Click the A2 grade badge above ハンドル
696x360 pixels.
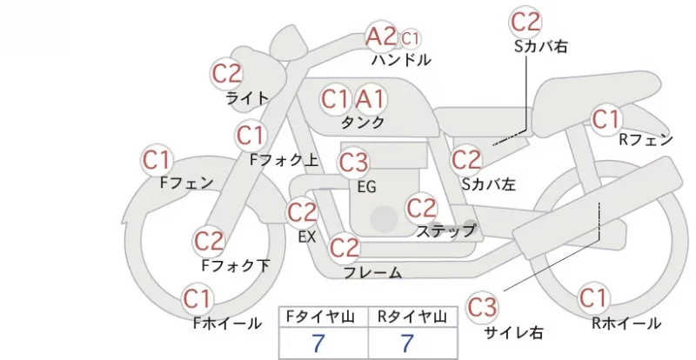pyautogui.click(x=381, y=36)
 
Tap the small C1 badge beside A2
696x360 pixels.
pyautogui.click(x=410, y=39)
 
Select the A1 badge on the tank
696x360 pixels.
pyautogui.click(x=370, y=100)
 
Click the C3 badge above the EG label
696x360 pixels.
pyautogui.click(x=353, y=163)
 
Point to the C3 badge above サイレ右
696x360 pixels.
pyautogui.click(x=482, y=307)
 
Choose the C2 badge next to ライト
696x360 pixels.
pyautogui.click(x=227, y=74)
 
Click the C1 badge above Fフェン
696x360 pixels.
pyautogui.click(x=157, y=160)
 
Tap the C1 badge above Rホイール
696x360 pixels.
pyautogui.click(x=593, y=298)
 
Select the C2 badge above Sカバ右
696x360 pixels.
pyautogui.click(x=525, y=23)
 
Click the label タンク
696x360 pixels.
pyautogui.click(x=362, y=123)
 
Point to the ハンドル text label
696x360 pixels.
pyautogui.click(x=401, y=60)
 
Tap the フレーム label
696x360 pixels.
pyautogui.click(x=373, y=272)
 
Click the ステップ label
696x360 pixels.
pyautogui.click(x=445, y=230)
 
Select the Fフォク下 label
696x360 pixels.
pyautogui.click(x=236, y=265)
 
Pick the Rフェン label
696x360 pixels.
pyautogui.click(x=646, y=140)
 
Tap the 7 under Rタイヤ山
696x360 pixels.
pyautogui.click(x=407, y=343)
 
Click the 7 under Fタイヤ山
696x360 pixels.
pyautogui.click(x=318, y=343)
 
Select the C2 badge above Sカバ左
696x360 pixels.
pyautogui.click(x=466, y=160)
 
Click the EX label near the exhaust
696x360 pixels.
pyautogui.click(x=307, y=237)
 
